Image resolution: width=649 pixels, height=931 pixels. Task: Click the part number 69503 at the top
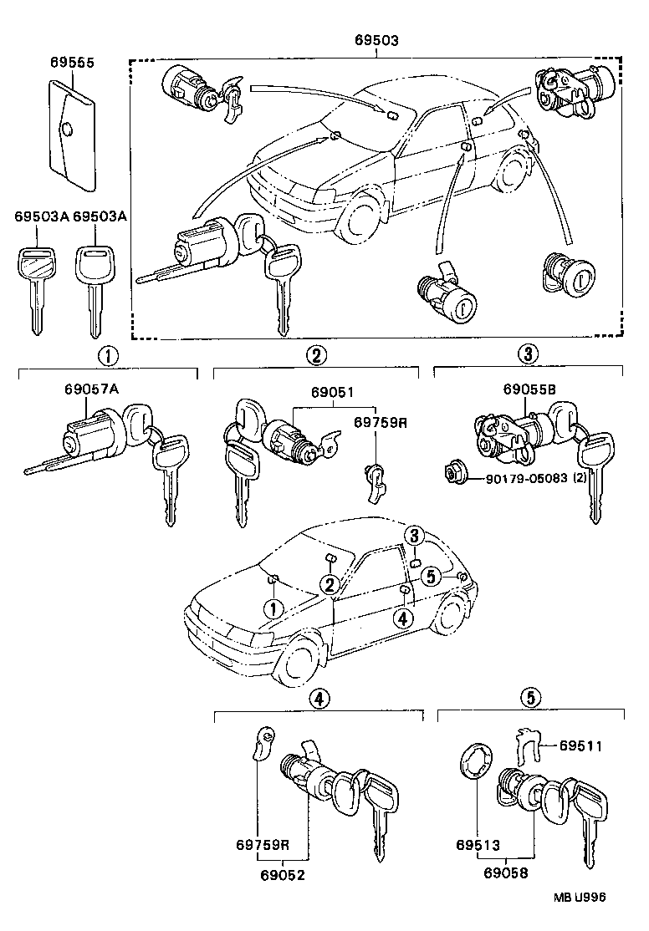click(376, 40)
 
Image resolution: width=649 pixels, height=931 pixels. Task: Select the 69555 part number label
click(71, 63)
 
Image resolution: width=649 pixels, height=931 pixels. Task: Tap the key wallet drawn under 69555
click(69, 131)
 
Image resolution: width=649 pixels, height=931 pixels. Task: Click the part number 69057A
click(91, 389)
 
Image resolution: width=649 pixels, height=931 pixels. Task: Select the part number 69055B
click(529, 389)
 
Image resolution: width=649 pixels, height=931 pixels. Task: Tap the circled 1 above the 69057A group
click(108, 355)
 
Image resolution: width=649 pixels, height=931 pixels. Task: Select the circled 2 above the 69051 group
click(315, 355)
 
